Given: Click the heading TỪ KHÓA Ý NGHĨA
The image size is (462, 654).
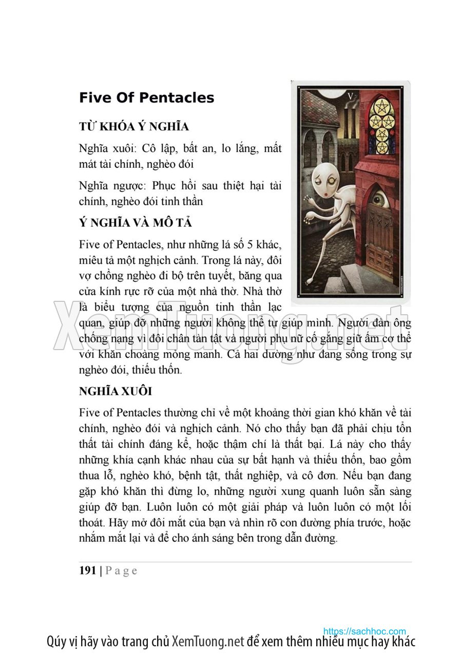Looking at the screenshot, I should tap(134, 127).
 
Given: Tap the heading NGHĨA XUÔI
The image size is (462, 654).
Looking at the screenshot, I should tap(115, 391).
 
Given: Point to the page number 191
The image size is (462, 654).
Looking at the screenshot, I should tap(88, 570).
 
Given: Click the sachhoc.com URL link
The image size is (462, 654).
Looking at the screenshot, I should tap(364, 631).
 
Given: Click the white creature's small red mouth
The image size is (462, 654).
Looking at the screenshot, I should tap(326, 195).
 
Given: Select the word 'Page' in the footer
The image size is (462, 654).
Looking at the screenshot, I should tap(121, 571).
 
